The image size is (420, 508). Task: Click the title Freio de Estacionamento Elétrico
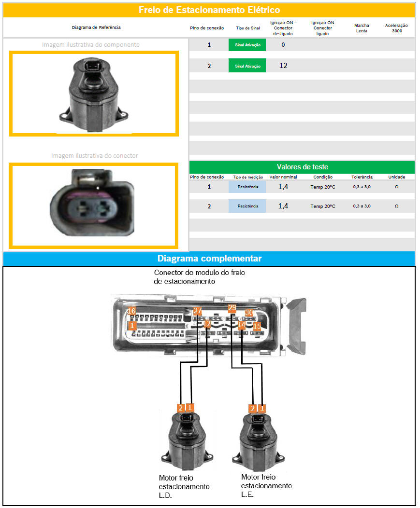tap(209, 10)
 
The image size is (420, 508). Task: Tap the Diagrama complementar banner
tap(209, 258)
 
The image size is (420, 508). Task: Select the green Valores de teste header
tap(302, 167)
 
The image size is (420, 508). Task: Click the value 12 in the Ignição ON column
tap(283, 66)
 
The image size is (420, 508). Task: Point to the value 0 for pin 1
tap(283, 45)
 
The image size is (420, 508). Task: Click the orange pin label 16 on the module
tap(131, 311)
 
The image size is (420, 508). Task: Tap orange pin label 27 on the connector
tap(197, 311)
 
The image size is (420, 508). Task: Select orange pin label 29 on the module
tap(232, 308)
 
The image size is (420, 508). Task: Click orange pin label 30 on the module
tap(249, 312)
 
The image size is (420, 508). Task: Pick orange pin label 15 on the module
tap(257, 326)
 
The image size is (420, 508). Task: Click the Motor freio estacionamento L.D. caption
tap(184, 486)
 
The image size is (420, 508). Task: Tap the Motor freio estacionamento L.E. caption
tap(266, 485)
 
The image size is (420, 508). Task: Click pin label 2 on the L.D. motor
tap(181, 408)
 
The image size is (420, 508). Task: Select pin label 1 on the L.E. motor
tap(262, 408)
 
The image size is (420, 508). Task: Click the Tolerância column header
tap(362, 177)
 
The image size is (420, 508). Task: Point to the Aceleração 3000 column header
tap(396, 28)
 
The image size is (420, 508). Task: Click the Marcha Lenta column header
tap(362, 28)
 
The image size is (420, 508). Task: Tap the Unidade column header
tap(397, 177)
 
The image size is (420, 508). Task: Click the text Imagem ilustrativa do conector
tap(94, 155)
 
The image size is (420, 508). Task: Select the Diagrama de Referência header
tap(96, 27)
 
